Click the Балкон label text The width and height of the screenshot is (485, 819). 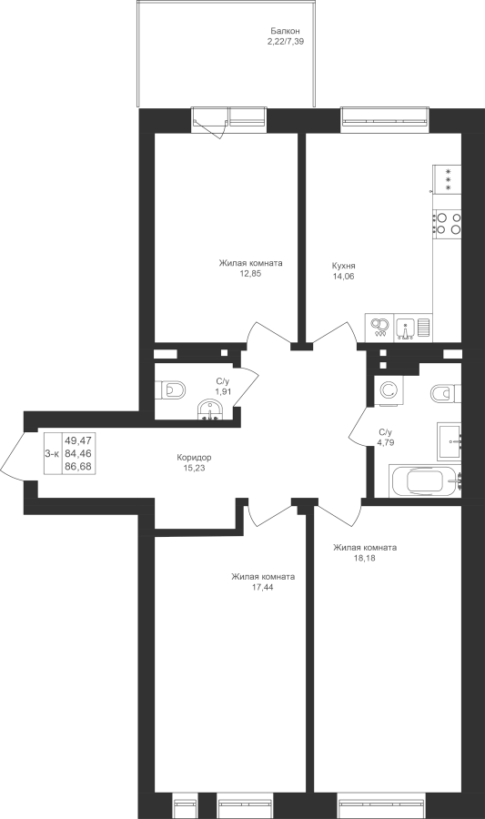click(x=285, y=31)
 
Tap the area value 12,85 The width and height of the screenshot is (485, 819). click(x=250, y=273)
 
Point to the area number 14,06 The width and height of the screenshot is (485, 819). click(x=344, y=277)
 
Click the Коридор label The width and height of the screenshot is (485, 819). click(x=194, y=458)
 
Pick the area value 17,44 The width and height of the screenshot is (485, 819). click(x=263, y=587)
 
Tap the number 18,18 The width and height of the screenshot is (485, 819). click(x=364, y=558)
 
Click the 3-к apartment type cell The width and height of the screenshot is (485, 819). click(x=52, y=454)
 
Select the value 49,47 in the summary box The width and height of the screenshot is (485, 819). click(x=77, y=441)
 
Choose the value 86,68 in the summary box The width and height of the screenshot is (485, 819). click(x=77, y=466)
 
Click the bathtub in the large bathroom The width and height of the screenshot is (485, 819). click(x=425, y=480)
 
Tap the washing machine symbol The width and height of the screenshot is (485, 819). click(x=388, y=390)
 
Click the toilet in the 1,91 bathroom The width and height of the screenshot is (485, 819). click(x=171, y=389)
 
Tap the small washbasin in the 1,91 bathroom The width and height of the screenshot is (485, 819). click(x=210, y=409)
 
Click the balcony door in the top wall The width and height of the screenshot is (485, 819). click(x=209, y=122)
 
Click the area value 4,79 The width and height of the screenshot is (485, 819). click(x=385, y=442)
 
